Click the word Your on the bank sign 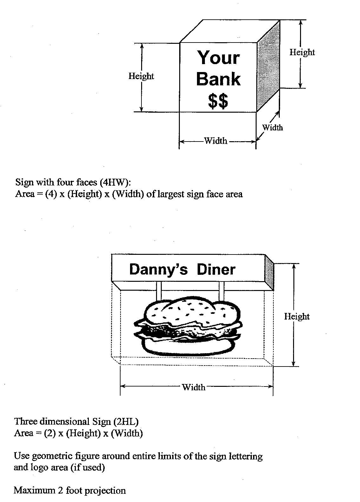tap(219, 58)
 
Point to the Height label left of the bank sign tap(141, 76)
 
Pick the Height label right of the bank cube tap(302, 52)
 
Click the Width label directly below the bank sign tap(216, 141)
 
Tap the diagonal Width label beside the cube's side tap(272, 128)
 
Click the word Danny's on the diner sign tap(158, 270)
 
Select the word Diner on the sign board tap(216, 270)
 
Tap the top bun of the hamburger tap(187, 309)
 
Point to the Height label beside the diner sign tap(297, 316)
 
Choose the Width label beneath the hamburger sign tap(193, 387)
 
